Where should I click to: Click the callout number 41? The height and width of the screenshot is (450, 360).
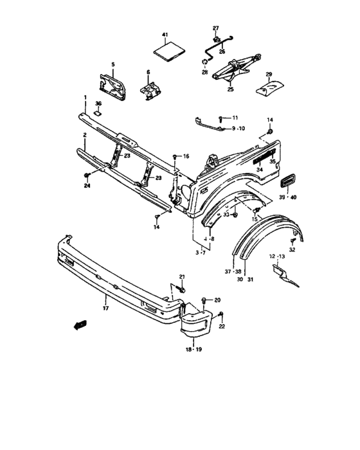tap(165, 33)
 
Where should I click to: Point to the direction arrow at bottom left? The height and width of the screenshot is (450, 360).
tap(80, 327)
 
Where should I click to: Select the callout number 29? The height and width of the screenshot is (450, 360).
tap(269, 75)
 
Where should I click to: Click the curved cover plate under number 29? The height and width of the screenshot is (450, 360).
tap(270, 87)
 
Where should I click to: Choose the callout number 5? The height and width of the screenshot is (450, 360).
tap(113, 65)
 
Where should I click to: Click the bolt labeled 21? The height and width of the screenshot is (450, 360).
tap(181, 291)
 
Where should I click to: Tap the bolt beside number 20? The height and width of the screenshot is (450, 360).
tap(204, 300)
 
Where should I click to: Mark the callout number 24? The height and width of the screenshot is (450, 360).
tap(86, 187)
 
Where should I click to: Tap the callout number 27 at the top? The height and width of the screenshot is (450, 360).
tap(216, 28)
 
